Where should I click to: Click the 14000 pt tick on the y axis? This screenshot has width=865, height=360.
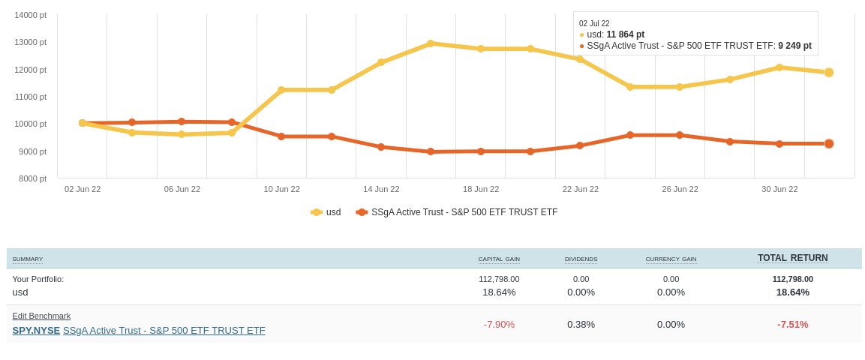(x=30, y=15)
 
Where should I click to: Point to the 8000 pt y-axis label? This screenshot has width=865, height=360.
(x=32, y=178)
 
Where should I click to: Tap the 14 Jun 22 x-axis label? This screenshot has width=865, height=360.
(x=381, y=189)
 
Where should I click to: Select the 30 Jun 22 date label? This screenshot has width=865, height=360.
(x=779, y=189)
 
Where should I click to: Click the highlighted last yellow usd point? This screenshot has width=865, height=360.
(x=829, y=73)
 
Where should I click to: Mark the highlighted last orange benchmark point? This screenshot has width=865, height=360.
(x=829, y=144)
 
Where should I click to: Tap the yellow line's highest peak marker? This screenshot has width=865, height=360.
(x=431, y=43)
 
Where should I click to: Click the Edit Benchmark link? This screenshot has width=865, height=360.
(x=41, y=316)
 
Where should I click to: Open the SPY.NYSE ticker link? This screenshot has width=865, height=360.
(x=36, y=331)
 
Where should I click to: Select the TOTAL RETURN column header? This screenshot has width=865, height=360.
(x=792, y=258)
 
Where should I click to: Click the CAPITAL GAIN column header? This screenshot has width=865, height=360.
(x=499, y=259)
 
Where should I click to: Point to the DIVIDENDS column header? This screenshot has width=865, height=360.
(x=581, y=259)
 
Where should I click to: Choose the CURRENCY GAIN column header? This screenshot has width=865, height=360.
(x=671, y=259)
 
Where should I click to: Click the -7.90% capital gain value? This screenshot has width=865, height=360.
(x=499, y=325)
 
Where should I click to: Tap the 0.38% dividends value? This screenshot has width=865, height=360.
(x=581, y=325)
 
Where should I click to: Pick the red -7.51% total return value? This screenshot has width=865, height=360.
(x=792, y=325)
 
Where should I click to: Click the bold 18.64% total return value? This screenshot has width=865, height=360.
(x=792, y=292)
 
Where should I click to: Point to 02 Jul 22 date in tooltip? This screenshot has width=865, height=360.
(x=594, y=24)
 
